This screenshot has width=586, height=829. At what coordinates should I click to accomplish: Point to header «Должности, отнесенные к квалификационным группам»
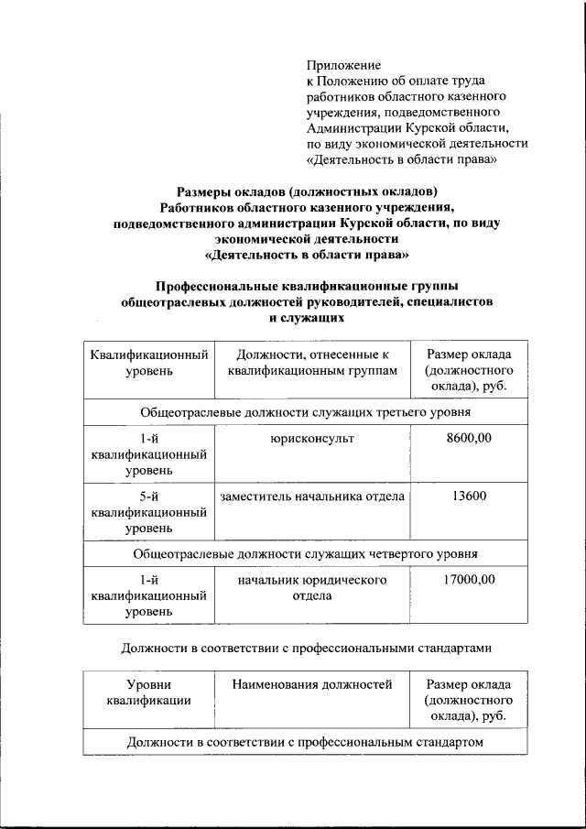312,363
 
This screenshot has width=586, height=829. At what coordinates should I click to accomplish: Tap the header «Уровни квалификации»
147,692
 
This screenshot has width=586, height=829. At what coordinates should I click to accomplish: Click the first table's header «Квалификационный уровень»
147,363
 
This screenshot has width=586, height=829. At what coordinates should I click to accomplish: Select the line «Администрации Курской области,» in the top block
407,127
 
